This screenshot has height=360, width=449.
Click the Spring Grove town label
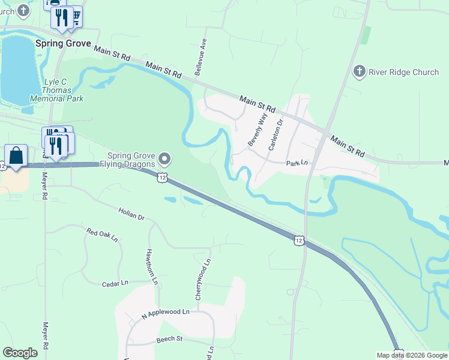63,44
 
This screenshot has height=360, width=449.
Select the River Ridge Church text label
403,72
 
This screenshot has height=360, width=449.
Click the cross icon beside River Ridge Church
360,72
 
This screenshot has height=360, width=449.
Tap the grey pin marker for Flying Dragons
166,159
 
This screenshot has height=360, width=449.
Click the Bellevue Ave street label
200,59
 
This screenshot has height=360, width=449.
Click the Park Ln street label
297,163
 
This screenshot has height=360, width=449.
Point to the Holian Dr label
132,214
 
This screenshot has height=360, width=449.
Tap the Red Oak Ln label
102,235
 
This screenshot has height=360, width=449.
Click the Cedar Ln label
115,283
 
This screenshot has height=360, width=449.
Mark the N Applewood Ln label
165,313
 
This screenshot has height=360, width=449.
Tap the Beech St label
169,339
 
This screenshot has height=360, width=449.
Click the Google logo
20,353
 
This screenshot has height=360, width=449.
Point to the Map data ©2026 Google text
412,355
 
